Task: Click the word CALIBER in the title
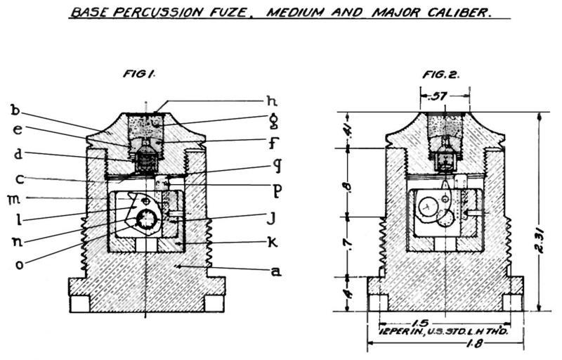click(x=455, y=13)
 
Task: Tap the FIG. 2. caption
click(x=440, y=74)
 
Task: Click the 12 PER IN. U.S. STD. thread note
click(x=439, y=329)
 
